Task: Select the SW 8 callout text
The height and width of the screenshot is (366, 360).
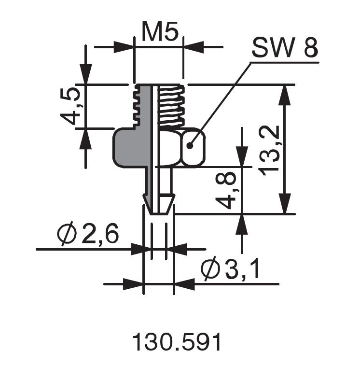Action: [284, 49]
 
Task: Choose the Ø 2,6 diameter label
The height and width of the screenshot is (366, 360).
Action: [88, 235]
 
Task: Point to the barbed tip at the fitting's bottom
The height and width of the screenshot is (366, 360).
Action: [159, 203]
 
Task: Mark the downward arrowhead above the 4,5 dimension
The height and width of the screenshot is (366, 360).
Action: [86, 75]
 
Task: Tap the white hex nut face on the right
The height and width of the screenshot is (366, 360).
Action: [193, 147]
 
